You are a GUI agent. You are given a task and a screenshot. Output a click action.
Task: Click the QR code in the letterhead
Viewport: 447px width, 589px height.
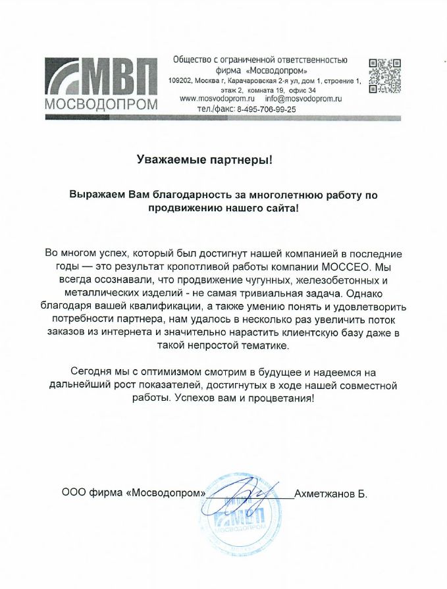click(384, 76)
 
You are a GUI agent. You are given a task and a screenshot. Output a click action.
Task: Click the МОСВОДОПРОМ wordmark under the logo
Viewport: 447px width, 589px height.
click(101, 105)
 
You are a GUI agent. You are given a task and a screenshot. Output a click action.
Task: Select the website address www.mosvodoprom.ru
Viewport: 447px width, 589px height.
click(217, 99)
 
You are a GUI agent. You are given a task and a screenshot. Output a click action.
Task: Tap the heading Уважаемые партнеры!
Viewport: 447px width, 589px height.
click(204, 159)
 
